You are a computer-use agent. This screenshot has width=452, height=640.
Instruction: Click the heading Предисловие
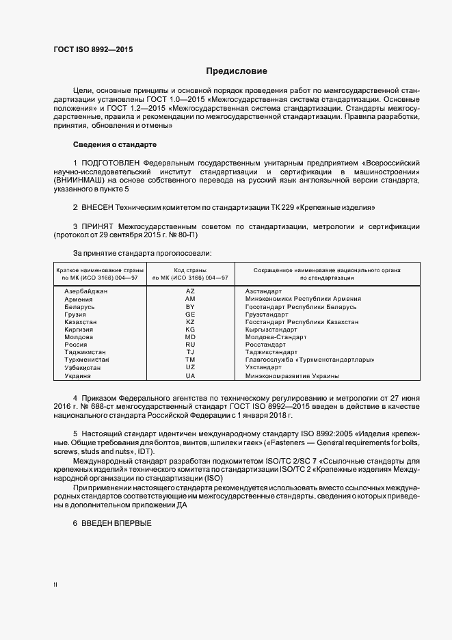tap(237, 71)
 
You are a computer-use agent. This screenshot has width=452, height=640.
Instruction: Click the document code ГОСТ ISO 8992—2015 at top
tap(93, 51)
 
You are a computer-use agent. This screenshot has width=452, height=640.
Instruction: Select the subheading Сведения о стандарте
tap(115, 145)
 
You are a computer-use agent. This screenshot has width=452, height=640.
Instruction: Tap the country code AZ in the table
tap(190, 291)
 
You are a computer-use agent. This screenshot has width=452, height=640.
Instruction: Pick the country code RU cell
tap(190, 345)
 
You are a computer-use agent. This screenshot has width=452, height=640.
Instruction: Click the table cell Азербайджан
tap(86, 291)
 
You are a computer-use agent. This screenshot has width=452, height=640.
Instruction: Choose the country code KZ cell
tap(190, 321)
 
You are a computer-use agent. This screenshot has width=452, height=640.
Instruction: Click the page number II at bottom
tap(55, 585)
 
